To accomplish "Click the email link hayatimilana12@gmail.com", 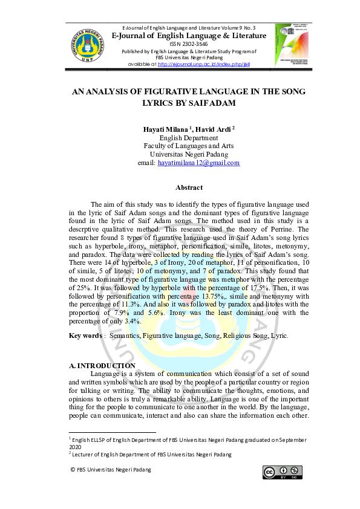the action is coord(198,163).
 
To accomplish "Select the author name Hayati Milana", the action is coord(165,129).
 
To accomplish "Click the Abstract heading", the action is coord(189,187).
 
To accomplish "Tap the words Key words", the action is coord(85,336).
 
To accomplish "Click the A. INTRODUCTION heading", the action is coord(102,366).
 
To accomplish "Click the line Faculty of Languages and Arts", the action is coord(189,146).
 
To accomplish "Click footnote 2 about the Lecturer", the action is coord(151,455).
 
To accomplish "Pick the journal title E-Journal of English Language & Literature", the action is coord(189,36).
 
